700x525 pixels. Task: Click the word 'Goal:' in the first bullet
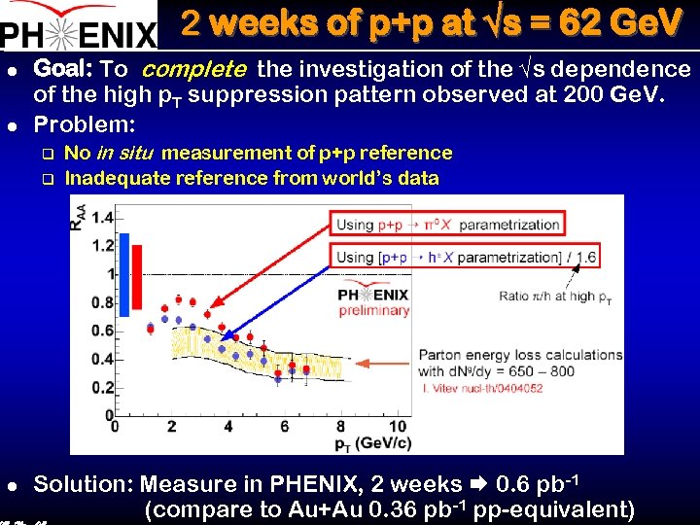coord(63,69)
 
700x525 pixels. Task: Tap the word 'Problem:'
coord(85,125)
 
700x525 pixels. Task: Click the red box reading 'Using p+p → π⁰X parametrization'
coord(448,225)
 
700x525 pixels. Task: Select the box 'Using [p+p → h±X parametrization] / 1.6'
coord(465,257)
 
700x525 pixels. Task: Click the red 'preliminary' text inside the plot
coord(374,311)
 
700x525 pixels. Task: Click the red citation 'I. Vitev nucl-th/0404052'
coord(482,389)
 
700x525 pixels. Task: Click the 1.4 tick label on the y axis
coord(101,217)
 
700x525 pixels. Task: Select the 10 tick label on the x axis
coord(398,427)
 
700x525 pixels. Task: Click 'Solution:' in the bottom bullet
coord(87,484)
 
